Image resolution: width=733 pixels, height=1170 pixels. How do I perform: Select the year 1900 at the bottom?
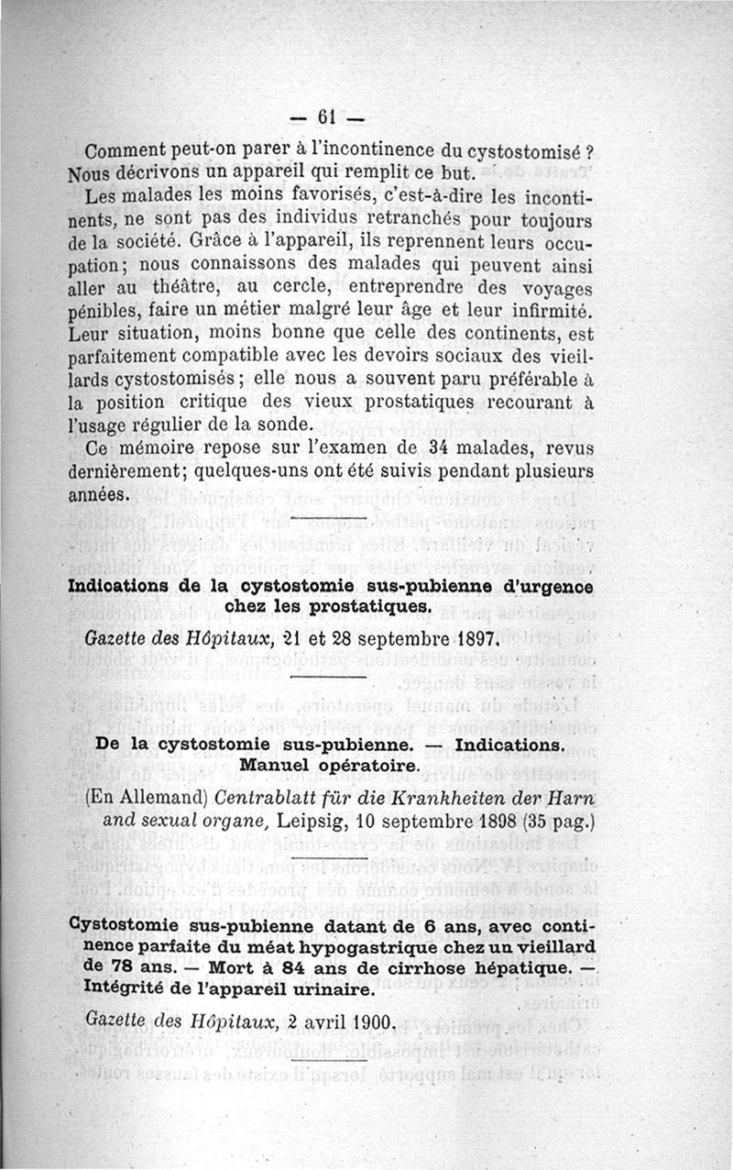click(369, 1021)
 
